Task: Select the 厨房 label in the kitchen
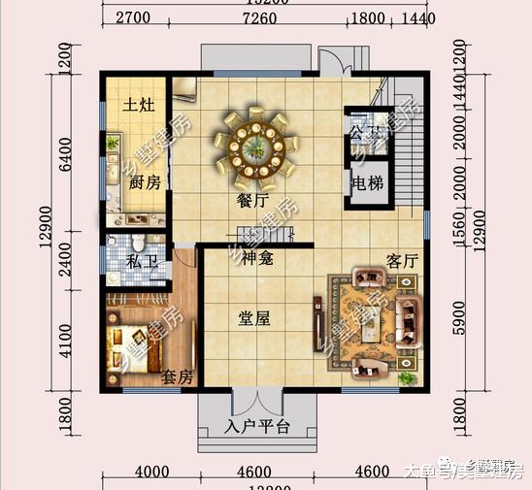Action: tap(145, 183)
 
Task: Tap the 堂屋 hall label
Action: tap(255, 317)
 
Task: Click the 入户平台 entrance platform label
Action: tap(257, 425)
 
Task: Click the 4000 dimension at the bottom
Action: tap(153, 473)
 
